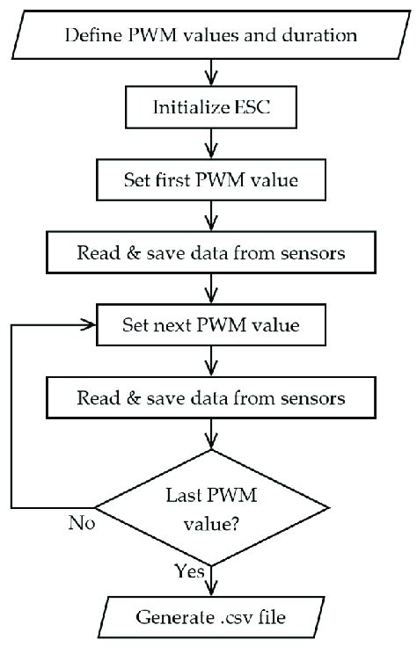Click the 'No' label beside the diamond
coord(81,526)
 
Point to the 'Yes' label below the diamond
coord(187,571)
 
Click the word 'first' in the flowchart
coord(175,181)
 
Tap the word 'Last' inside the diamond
coord(182,495)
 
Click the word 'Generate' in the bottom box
coord(172,617)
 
